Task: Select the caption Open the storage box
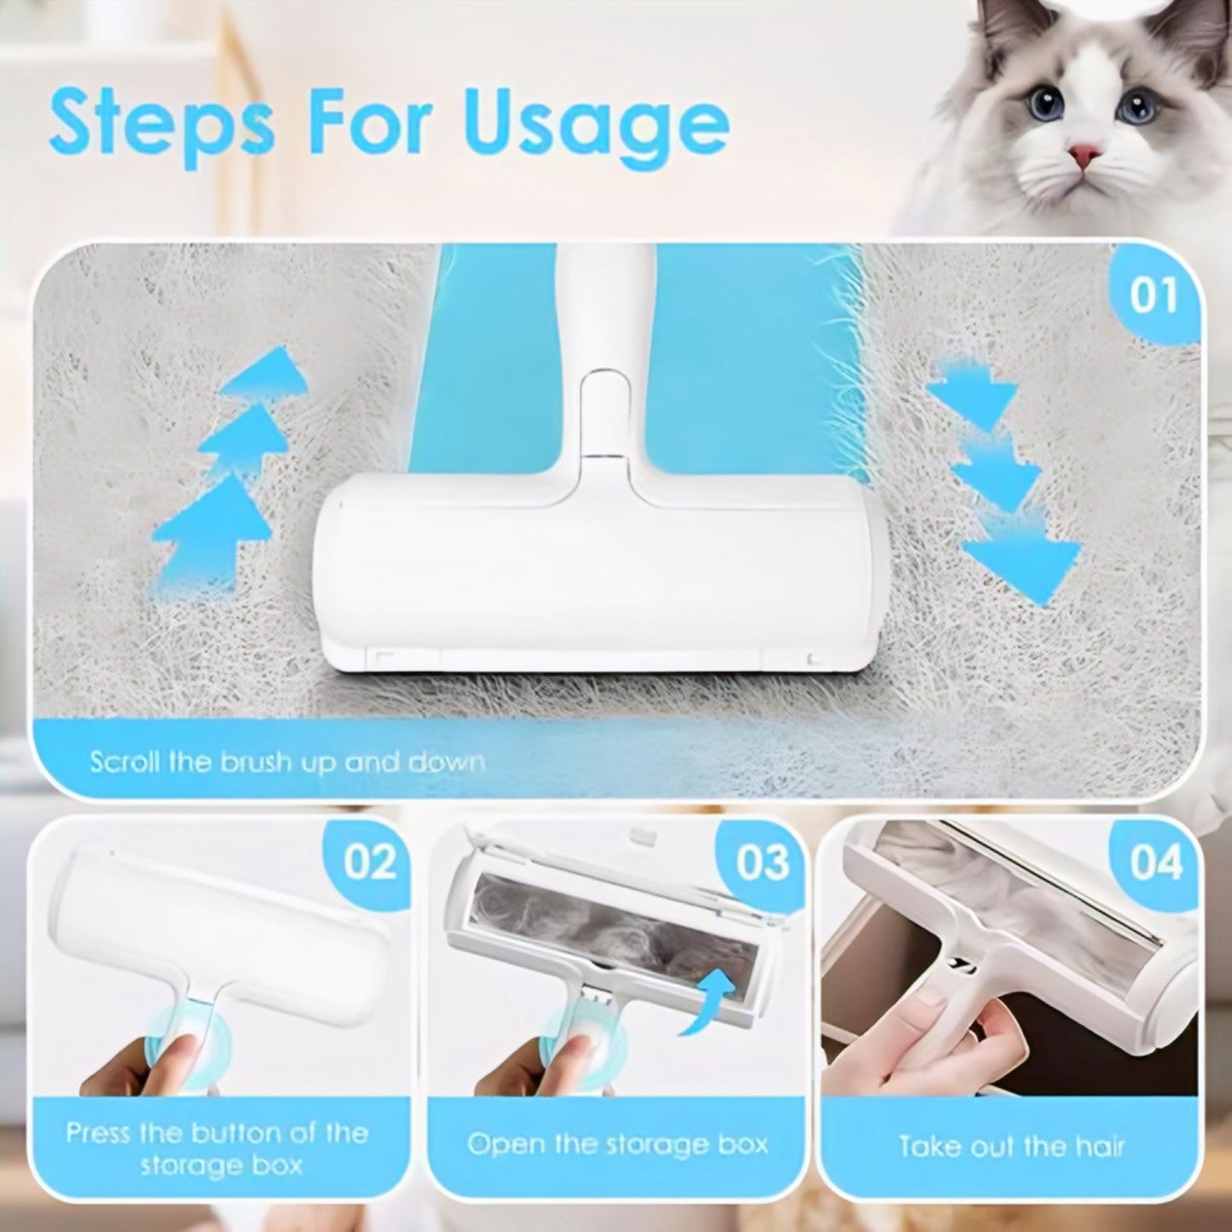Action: click(x=617, y=1143)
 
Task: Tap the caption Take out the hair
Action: click(x=1011, y=1146)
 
